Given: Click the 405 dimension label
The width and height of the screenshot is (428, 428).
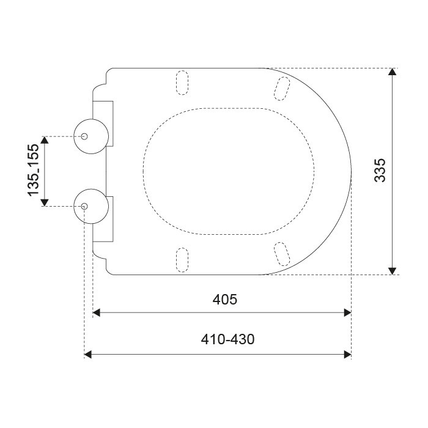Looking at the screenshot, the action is click(224, 300).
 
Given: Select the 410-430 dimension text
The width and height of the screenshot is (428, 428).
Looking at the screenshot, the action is click(227, 339).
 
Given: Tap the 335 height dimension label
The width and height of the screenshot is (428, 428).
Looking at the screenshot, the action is click(380, 170).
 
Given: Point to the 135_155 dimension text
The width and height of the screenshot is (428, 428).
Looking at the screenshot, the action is click(33, 170).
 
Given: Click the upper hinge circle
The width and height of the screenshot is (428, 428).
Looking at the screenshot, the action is click(74, 136).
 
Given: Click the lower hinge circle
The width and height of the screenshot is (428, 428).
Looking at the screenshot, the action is click(74, 207).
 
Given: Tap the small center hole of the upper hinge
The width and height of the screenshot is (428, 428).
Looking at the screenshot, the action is click(84, 136).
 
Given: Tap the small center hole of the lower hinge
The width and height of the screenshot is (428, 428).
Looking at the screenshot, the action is click(84, 206).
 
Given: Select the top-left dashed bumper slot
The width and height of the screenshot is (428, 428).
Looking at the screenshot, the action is click(182, 83).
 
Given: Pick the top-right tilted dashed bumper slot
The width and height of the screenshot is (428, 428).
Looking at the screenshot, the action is click(282, 89).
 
